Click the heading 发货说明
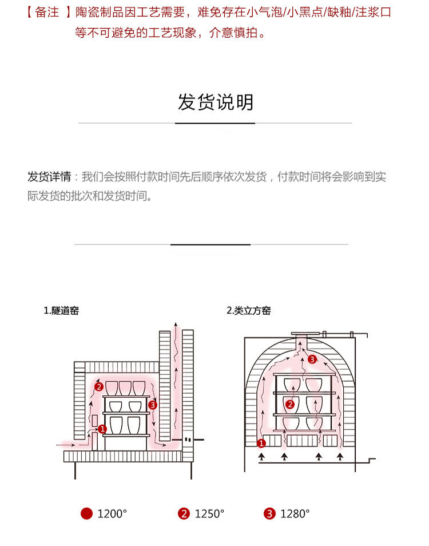point(215,103)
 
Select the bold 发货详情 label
point(49,177)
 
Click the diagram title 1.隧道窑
point(61,311)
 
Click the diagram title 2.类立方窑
point(248,311)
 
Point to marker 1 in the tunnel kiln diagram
point(102,428)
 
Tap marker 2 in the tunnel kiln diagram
point(98,387)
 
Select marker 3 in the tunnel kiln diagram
point(152,405)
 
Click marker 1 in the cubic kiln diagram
point(261,443)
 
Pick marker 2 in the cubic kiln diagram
point(290,405)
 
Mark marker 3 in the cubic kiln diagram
point(312,359)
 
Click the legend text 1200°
point(112,514)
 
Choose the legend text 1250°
point(209,514)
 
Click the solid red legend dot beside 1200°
point(86,513)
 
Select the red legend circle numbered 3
point(269,513)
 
